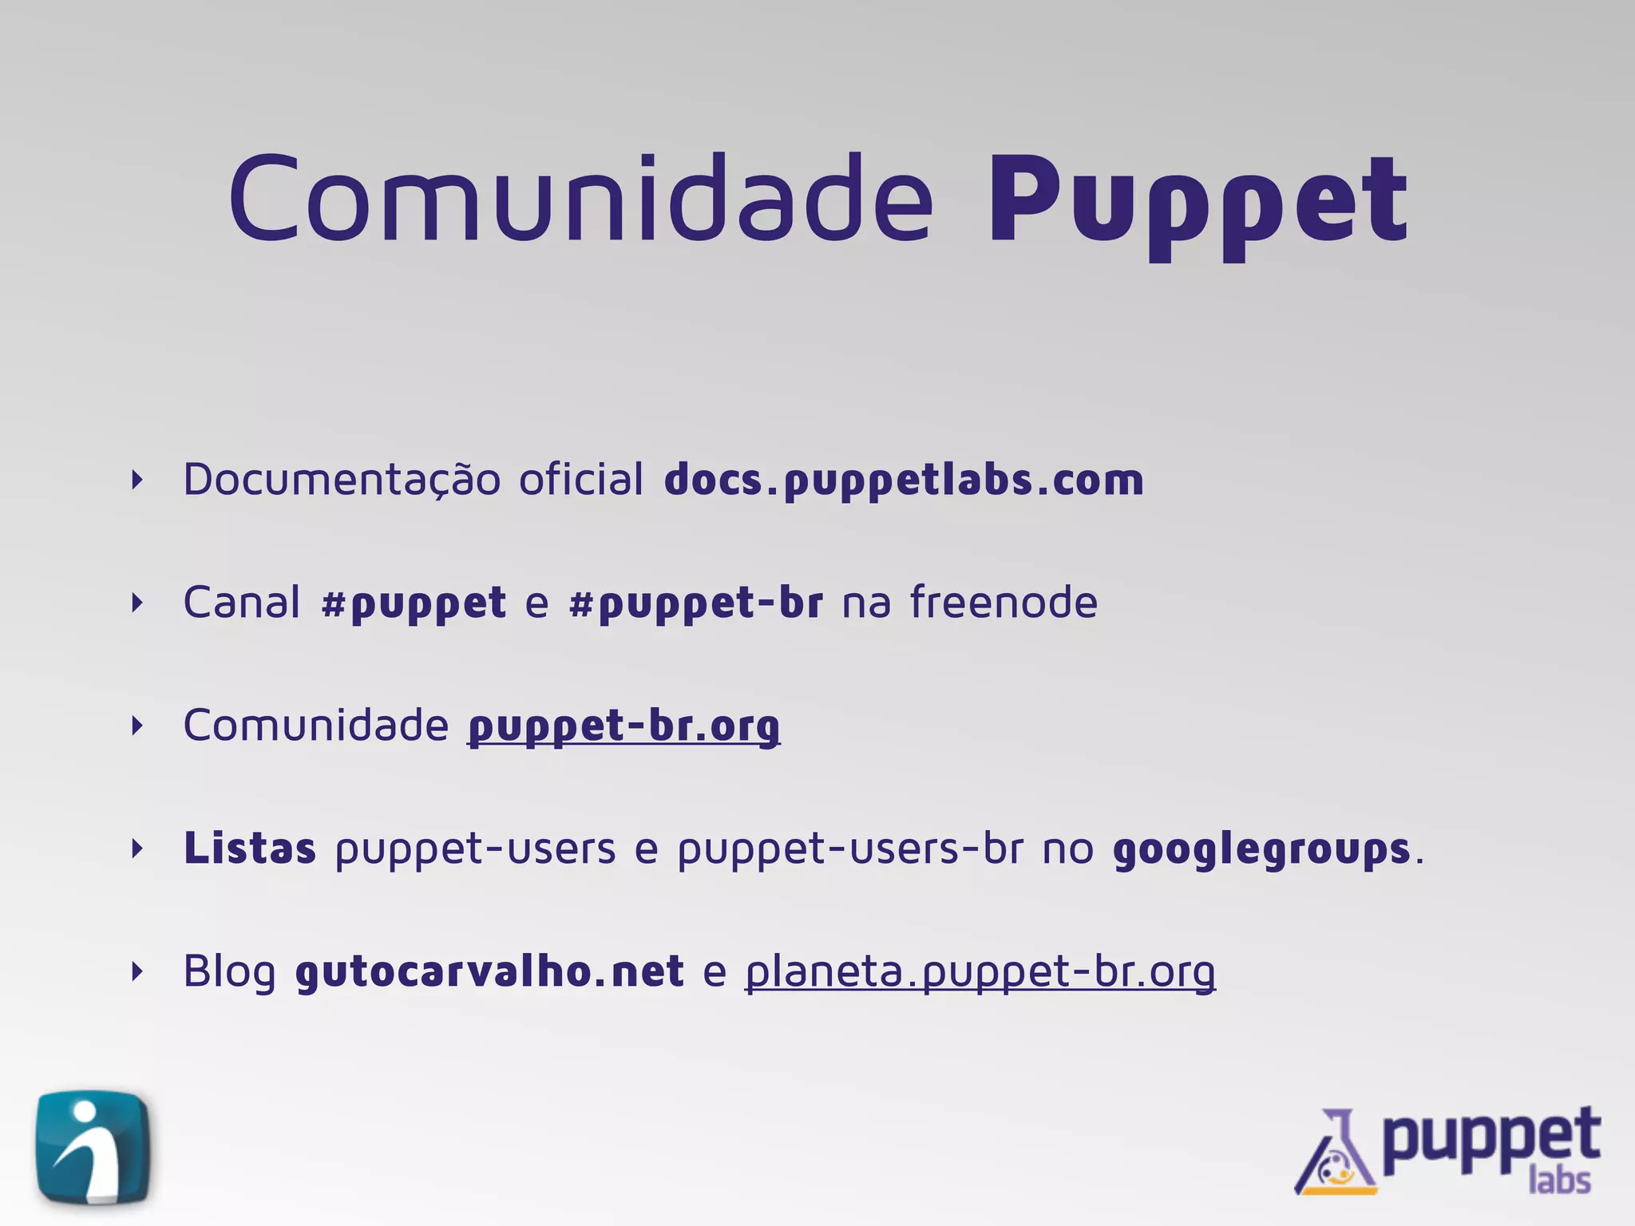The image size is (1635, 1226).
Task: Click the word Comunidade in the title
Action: [x=580, y=198]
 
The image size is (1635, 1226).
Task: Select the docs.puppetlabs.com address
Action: [x=904, y=480]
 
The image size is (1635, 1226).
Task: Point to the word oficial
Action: [x=580, y=480]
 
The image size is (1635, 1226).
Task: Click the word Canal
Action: [x=242, y=602]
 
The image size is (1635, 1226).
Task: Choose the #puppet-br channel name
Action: [x=695, y=603]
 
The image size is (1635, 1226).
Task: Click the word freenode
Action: [x=1004, y=602]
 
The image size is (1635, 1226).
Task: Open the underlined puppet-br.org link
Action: [x=624, y=726]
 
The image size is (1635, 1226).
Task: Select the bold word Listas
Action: [x=250, y=848]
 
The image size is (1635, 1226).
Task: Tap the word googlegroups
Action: [x=1261, y=849]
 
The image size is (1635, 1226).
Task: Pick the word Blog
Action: [x=230, y=971]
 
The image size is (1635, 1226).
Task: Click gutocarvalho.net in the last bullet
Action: [x=489, y=971]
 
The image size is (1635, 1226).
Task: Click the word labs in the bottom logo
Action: [x=1560, y=1180]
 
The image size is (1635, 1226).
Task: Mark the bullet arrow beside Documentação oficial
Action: [x=137, y=480]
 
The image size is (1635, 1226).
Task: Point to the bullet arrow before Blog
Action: [x=137, y=971]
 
